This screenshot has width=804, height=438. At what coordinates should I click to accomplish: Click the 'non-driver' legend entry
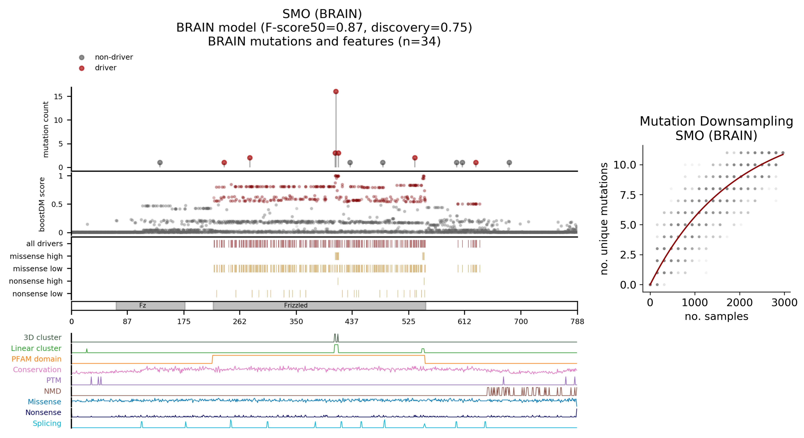tap(114, 57)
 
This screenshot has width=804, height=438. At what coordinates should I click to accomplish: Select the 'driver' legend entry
tap(106, 68)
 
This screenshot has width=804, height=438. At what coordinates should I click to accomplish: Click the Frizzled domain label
tap(296, 305)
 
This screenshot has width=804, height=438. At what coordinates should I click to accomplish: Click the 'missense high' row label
tap(36, 256)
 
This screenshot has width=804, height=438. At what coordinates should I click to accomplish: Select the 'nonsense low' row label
tap(37, 294)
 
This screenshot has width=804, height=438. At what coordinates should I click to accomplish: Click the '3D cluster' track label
tap(43, 337)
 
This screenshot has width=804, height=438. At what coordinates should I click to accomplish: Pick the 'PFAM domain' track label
tap(37, 359)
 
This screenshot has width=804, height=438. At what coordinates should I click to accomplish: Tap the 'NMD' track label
tap(52, 391)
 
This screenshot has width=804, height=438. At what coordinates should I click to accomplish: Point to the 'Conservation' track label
tap(37, 370)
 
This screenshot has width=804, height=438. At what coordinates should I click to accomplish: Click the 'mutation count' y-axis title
tap(46, 129)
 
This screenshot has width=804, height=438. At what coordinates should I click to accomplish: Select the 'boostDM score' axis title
tap(42, 204)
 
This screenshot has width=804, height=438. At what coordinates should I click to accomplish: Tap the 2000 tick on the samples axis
tap(739, 303)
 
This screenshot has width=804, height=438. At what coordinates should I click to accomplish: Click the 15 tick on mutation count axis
tap(58, 96)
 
